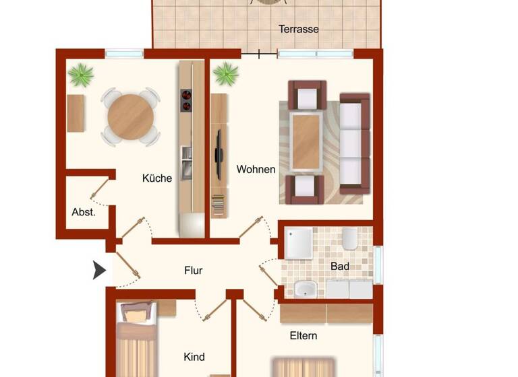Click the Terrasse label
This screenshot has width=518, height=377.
pos(299,29)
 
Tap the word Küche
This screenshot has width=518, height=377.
pos(156,178)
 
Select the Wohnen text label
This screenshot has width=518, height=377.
pos(256,169)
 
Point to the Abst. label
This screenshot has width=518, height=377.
pos(84,211)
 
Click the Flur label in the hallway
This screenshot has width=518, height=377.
pos(194,271)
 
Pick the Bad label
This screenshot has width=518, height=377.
pos(340,267)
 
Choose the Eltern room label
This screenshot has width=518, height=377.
pos(304,335)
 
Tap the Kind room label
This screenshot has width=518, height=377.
pos(194,357)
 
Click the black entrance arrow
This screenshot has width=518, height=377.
pos(99,271)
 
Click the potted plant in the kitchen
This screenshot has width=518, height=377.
pos(81,74)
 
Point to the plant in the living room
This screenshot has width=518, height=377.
pos(226,74)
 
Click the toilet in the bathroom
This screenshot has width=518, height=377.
pos(349,238)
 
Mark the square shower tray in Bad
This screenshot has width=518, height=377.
pos(299,243)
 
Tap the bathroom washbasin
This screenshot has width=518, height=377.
pos(306,289)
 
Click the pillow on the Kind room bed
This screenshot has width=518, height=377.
pos(137,312)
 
